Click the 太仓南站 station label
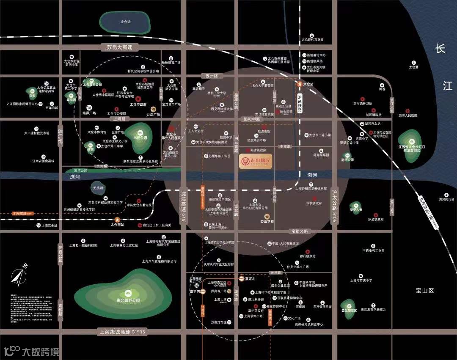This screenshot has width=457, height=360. (x=117, y=225)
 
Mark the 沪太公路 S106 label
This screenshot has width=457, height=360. (x=334, y=206)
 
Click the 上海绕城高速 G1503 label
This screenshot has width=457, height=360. (x=121, y=332)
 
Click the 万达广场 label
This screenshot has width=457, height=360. (x=153, y=114)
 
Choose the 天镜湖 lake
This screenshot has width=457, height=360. (x=98, y=187)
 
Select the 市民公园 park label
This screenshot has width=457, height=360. (x=140, y=137)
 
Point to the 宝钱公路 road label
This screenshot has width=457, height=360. (x=300, y=231)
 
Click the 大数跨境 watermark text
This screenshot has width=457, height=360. (x=41, y=351)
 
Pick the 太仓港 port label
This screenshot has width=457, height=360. (x=413, y=67)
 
